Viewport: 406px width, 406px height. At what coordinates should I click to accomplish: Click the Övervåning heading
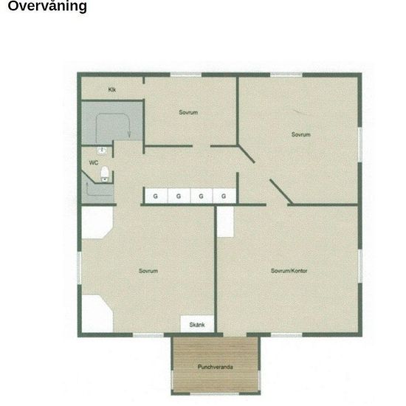tap(47, 6)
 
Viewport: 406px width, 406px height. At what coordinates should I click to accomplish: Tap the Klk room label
tap(112, 90)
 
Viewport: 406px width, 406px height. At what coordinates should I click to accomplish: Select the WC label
tap(94, 162)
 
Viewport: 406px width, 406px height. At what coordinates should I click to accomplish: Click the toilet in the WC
tap(105, 174)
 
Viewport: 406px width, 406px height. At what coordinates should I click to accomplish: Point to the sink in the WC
tap(102, 151)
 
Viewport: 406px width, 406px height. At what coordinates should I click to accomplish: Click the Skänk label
tap(197, 325)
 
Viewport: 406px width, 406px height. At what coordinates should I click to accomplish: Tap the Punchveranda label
tap(215, 367)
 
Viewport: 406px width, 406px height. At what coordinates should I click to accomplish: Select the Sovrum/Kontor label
tap(289, 271)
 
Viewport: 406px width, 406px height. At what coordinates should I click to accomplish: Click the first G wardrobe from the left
tap(156, 196)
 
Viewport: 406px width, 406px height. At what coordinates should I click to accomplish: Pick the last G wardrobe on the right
tap(224, 196)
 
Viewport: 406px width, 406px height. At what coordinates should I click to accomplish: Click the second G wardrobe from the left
tap(179, 196)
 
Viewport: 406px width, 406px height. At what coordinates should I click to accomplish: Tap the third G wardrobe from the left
tap(202, 196)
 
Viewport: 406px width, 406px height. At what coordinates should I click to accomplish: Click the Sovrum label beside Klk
tap(188, 112)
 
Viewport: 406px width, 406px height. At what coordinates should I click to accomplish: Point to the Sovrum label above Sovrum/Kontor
tap(301, 134)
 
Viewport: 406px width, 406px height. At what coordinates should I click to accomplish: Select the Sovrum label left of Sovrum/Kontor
tap(148, 271)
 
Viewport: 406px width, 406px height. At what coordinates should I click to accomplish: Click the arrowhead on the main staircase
tap(129, 134)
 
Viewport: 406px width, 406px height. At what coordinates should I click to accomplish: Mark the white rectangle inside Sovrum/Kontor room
tap(225, 222)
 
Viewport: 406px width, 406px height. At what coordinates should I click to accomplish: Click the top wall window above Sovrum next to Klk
tap(185, 75)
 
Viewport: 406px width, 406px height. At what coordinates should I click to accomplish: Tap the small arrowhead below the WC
tap(87, 184)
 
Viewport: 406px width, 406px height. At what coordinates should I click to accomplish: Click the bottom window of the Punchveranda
tap(215, 394)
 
